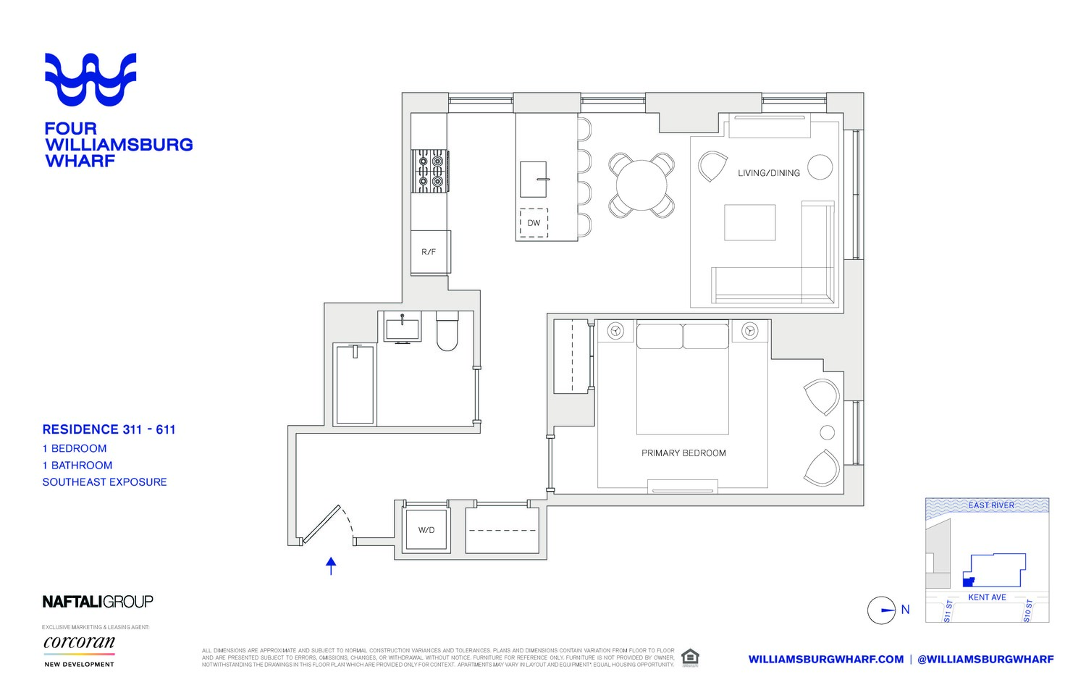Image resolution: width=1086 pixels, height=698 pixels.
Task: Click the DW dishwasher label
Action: (534, 223)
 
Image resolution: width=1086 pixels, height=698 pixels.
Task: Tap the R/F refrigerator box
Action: (429, 252)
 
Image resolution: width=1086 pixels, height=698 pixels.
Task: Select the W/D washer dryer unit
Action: (426, 530)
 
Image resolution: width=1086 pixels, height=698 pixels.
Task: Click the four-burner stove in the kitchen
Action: (429, 171)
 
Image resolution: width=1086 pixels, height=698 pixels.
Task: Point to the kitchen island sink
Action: (534, 179)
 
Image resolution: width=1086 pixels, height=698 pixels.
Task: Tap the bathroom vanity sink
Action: (402, 329)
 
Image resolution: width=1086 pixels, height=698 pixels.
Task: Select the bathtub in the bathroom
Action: (355, 384)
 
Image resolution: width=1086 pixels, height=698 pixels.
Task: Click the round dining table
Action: (641, 185)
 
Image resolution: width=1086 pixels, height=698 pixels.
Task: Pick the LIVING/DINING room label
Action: (768, 173)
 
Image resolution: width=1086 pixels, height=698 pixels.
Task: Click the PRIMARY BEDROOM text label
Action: (683, 453)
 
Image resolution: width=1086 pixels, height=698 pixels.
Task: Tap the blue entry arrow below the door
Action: (331, 565)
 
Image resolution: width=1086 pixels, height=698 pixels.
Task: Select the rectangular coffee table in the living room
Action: (750, 222)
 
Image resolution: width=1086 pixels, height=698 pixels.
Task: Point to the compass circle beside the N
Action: (881, 610)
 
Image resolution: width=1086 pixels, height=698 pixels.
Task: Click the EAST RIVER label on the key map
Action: (990, 505)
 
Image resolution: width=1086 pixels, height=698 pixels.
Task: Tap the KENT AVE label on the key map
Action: (987, 597)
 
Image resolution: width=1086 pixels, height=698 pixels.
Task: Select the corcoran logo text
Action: (79, 642)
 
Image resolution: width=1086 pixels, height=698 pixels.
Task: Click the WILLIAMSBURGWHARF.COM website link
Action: (825, 659)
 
